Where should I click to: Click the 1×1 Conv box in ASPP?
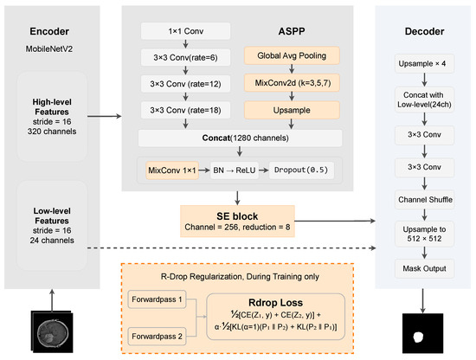click(185, 31)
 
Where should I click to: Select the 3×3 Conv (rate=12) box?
click(185, 84)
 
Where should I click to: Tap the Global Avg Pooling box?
click(292, 55)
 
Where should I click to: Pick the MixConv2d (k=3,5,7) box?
click(292, 83)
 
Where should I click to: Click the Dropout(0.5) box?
click(301, 170)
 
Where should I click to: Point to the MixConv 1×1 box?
click(172, 170)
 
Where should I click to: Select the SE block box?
click(237, 221)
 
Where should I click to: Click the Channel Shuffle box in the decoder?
click(424, 199)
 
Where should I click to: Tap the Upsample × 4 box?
click(424, 63)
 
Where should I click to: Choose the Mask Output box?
click(424, 268)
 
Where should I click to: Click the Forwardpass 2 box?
click(157, 337)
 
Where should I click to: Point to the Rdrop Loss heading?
click(275, 303)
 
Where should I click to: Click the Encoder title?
click(49, 31)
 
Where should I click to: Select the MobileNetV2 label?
click(49, 48)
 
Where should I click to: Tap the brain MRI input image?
click(52, 331)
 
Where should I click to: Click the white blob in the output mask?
click(418, 337)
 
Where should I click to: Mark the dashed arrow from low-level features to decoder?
click(232, 248)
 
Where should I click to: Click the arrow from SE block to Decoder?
click(335, 221)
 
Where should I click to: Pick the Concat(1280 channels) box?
click(240, 138)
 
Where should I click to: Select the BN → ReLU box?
click(235, 170)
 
